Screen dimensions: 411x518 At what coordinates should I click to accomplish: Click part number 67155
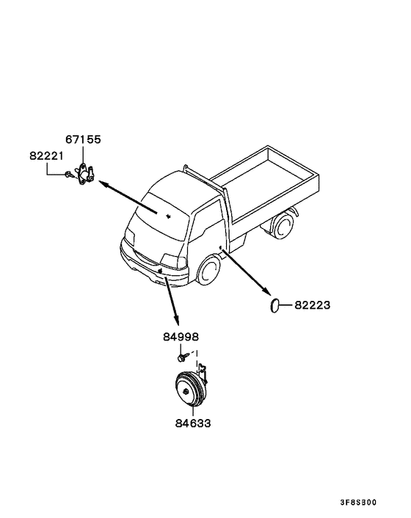(83, 139)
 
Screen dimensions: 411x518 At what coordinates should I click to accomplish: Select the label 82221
(46, 156)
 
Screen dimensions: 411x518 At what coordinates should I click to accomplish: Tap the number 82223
(312, 305)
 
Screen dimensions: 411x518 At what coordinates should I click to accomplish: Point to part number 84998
(181, 337)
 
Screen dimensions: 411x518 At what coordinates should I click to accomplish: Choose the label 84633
(193, 423)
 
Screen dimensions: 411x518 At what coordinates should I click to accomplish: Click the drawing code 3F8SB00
(358, 503)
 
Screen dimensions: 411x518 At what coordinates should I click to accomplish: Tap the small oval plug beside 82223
(274, 305)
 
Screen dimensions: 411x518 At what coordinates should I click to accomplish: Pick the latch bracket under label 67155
(85, 174)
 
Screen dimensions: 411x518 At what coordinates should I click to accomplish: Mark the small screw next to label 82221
(70, 174)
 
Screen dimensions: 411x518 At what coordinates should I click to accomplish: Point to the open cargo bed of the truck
(265, 181)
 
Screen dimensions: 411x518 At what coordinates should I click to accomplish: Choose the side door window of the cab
(207, 217)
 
